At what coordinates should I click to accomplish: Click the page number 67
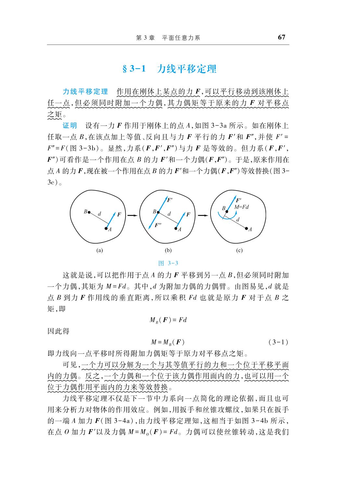tap(281, 37)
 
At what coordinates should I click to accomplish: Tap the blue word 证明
tap(70, 126)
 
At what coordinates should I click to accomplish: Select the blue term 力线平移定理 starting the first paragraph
tap(85, 91)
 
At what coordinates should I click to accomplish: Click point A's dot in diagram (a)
tap(106, 229)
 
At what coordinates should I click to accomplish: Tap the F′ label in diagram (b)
tap(169, 200)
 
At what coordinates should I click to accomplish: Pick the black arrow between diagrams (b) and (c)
tap(202, 215)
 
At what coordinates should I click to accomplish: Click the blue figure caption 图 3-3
tap(168, 263)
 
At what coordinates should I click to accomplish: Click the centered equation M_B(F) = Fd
tap(168, 320)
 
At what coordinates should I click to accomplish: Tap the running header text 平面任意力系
tap(181, 38)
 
